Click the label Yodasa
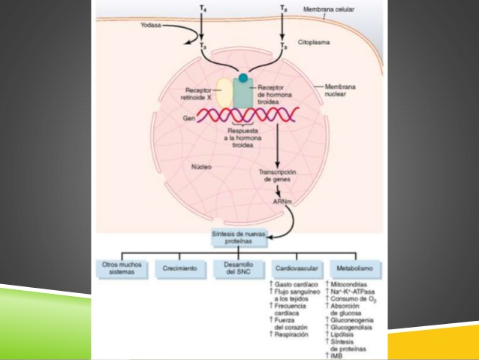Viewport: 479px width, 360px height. coord(150,23)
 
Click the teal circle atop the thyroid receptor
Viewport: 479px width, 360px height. coord(243,77)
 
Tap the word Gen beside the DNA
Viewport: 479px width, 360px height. coord(189,118)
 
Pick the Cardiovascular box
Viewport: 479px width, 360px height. coord(295,267)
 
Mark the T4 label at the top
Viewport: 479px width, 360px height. coord(200,8)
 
